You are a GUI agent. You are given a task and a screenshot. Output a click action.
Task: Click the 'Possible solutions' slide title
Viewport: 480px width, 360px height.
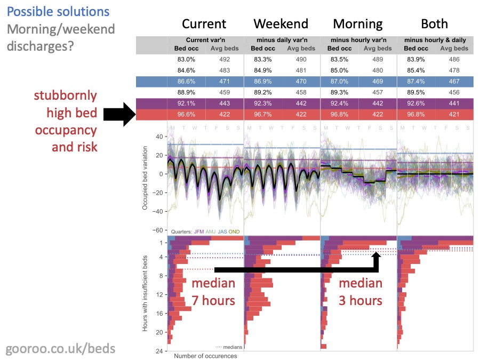pyautogui.click(x=58, y=12)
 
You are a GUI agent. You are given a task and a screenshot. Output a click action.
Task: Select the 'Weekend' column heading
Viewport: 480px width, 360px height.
pyautogui.click(x=281, y=23)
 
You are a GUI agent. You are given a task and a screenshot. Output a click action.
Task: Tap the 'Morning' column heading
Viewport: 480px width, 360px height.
pyautogui.click(x=358, y=23)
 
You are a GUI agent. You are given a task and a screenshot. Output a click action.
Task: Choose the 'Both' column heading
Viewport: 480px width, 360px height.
pyautogui.click(x=434, y=23)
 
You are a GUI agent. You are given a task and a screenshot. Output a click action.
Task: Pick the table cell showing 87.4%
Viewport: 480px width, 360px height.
pyautogui.click(x=416, y=81)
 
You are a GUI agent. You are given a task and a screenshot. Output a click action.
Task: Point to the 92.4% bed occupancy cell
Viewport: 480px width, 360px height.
pyautogui.click(x=340, y=102)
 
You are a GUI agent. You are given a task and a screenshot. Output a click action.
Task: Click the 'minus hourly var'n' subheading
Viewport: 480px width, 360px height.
pyautogui.click(x=358, y=40)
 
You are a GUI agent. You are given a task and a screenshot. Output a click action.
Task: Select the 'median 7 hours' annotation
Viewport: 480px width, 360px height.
pyautogui.click(x=213, y=292)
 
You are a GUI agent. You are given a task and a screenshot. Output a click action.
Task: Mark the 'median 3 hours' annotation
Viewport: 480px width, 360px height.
pyautogui.click(x=361, y=292)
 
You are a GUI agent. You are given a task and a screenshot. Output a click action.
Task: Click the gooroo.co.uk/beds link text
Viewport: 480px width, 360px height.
pyautogui.click(x=60, y=349)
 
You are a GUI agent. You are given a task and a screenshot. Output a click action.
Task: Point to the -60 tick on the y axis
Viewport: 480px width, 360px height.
pyautogui.click(x=158, y=230)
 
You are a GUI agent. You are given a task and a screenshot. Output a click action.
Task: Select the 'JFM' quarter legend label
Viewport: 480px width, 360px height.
pyautogui.click(x=199, y=232)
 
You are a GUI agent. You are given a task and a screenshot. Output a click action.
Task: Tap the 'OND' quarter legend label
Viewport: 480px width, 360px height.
pyautogui.click(x=234, y=232)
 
